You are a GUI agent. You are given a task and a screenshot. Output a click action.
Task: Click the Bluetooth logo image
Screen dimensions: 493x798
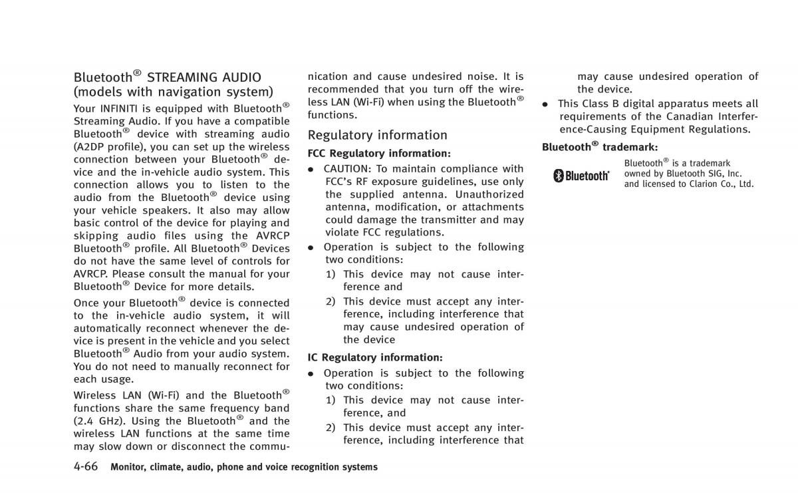(x=582, y=176)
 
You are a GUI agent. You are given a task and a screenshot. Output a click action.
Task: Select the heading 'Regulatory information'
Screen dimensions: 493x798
(x=377, y=135)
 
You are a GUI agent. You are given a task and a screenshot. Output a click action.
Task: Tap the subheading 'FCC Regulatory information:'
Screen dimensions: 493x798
(x=379, y=154)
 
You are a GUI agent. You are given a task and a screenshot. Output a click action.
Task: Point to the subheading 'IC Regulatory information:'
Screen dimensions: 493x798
(x=375, y=357)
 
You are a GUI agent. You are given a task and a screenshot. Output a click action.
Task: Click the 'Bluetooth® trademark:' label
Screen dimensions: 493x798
(x=600, y=147)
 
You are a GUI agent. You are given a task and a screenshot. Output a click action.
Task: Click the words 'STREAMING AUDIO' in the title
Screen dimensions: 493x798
(x=204, y=78)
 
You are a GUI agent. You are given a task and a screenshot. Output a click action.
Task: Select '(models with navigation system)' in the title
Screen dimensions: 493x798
(x=173, y=92)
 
